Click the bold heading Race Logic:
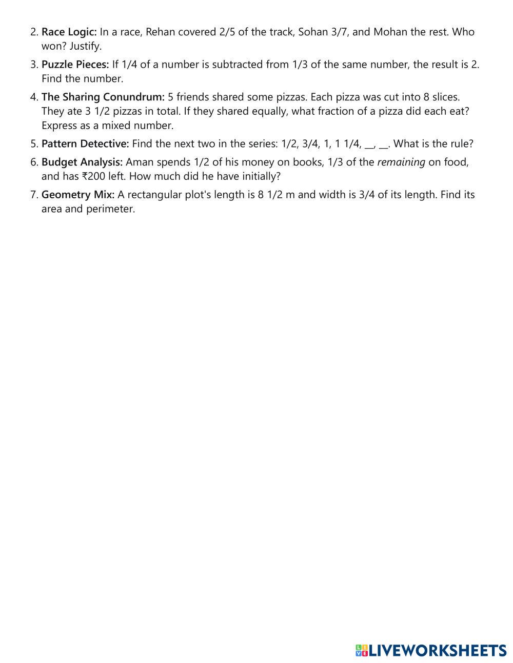[x=69, y=32]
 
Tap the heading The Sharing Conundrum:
[x=103, y=97]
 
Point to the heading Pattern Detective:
[x=85, y=144]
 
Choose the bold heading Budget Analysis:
[x=82, y=162]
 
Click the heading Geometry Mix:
[x=78, y=195]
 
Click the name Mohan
[x=390, y=32]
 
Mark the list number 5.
[x=34, y=144]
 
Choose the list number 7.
[x=34, y=195]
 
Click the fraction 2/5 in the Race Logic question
[x=227, y=32]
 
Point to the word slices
[x=445, y=97]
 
